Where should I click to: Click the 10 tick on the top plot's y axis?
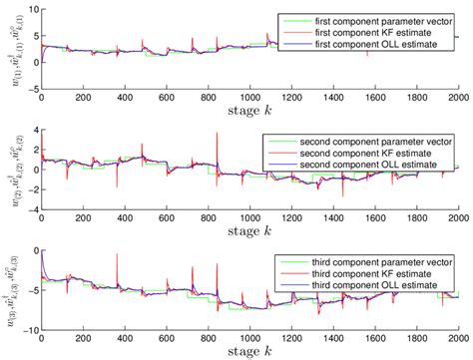pos(32,8)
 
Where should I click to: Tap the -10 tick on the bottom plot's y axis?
pos(28,330)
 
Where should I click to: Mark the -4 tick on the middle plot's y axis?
pos(31,209)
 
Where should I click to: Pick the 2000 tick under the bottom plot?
pos(457,340)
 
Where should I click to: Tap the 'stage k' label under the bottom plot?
pos(249,353)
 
